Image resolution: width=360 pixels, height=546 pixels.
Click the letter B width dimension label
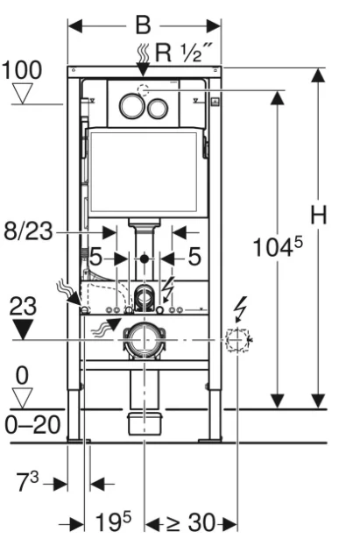(143, 25)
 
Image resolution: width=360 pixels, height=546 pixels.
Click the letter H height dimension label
(318, 215)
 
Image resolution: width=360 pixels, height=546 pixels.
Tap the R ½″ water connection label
(183, 53)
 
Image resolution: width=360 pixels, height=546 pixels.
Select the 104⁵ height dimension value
(278, 246)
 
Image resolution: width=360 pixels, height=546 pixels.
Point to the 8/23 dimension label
(28, 231)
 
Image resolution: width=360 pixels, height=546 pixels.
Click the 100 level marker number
(22, 69)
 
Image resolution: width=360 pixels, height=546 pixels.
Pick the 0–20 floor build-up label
(32, 425)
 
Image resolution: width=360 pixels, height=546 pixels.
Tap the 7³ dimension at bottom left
(27, 481)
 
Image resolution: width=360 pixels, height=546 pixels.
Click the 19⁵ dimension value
(113, 521)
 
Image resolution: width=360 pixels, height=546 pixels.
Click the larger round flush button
(132, 106)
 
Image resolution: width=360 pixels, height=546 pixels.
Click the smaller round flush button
(158, 108)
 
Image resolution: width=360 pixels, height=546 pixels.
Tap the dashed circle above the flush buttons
(143, 90)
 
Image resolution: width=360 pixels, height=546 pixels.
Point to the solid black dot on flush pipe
(145, 259)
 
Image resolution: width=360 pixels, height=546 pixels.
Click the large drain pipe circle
(144, 339)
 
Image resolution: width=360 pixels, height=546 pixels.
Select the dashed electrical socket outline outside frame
(237, 339)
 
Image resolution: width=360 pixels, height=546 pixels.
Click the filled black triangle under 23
(24, 329)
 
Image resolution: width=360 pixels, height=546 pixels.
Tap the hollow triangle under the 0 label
(22, 399)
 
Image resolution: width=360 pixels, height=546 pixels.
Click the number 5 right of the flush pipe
(194, 257)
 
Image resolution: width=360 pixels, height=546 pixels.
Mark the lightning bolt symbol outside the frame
(241, 308)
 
